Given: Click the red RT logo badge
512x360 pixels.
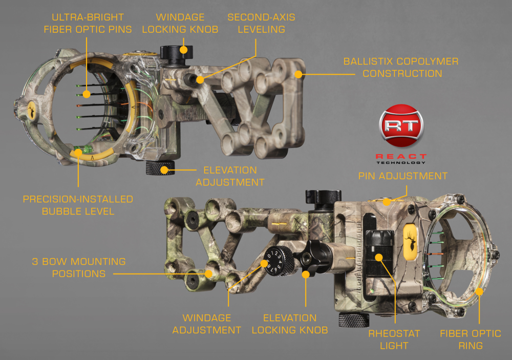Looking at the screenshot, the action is coord(401,126).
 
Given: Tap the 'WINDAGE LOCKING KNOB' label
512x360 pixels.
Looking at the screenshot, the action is coord(180,23).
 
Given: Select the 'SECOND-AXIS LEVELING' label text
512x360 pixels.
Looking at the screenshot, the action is coord(261,23).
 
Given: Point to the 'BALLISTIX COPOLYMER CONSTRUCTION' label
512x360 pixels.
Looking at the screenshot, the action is coord(401,67).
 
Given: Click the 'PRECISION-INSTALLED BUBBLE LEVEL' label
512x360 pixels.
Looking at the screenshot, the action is coord(78,205).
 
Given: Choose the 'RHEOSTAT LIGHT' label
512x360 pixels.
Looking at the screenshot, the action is coord(394,340).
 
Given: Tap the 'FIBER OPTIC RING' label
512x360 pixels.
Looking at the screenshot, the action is coord(471,340).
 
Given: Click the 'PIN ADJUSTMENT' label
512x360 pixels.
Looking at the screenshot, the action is coord(403,176).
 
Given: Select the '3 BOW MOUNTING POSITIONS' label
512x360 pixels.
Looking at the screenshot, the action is coord(79,267).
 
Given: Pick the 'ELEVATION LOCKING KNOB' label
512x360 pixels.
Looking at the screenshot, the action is coord(290,324).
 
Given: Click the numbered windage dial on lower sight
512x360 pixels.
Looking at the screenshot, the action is coord(279,261).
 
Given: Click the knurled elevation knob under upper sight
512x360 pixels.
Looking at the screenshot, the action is coord(160,167).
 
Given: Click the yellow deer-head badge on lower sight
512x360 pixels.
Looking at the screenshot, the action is coord(411,242).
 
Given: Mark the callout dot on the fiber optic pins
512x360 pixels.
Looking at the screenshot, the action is coord(87,94).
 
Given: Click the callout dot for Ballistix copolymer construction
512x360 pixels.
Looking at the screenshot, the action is coord(298,74).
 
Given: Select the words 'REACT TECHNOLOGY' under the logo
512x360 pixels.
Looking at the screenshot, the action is coord(401,159).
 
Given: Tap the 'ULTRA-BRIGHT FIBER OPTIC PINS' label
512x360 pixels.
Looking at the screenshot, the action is coord(88,23).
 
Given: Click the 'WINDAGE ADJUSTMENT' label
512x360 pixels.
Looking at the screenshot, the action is coord(207,324).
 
